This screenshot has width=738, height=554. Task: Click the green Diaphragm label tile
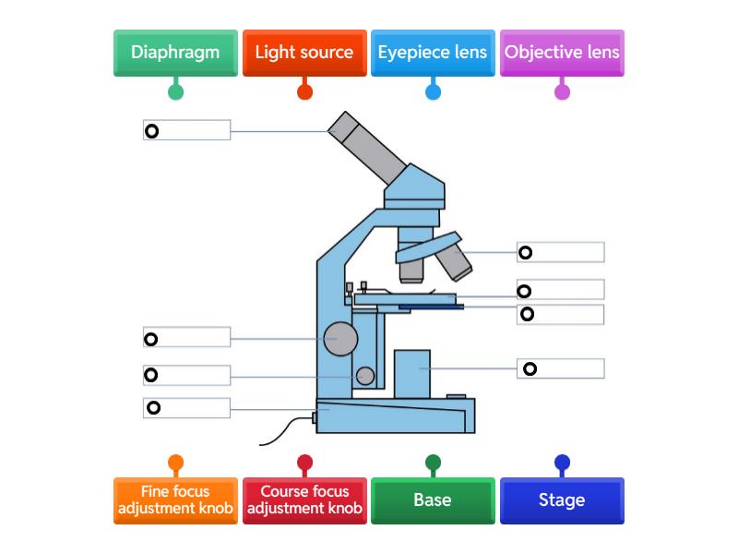[175, 53]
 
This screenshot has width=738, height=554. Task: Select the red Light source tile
[304, 53]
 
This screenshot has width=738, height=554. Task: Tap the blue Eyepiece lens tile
[433, 53]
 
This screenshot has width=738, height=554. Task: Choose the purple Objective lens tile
[562, 53]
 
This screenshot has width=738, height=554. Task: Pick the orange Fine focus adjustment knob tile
[175, 500]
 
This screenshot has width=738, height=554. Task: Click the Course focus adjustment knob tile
[304, 500]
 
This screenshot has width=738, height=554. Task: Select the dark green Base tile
[433, 500]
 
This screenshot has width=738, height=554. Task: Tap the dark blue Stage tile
[562, 500]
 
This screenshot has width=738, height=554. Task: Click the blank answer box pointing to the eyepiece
[187, 130]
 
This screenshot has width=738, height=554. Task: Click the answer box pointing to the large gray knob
[187, 337]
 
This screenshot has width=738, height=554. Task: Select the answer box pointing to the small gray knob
[187, 376]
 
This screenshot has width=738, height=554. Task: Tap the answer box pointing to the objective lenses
[561, 252]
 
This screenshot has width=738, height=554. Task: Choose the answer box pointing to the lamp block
[561, 368]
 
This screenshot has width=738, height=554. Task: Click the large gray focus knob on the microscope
[340, 339]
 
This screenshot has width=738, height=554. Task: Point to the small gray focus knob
[365, 376]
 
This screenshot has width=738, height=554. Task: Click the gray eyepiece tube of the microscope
[367, 148]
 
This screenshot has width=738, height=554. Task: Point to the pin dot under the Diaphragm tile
[175, 91]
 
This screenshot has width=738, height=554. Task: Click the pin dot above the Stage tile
[562, 463]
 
